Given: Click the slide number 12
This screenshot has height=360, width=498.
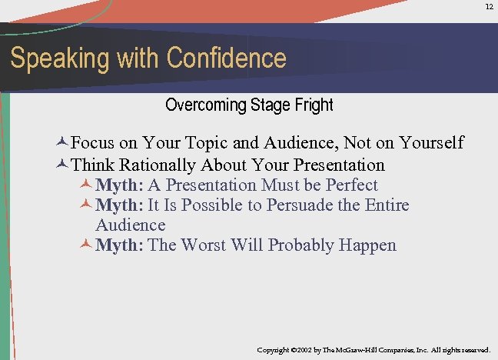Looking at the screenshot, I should coord(489,6).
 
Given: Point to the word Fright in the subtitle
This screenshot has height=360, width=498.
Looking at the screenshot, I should coord(312,104).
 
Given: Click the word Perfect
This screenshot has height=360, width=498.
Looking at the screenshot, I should coord(352,185).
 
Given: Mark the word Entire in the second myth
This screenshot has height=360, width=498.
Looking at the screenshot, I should coord(384,205).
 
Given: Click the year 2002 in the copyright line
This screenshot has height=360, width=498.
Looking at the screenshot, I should coord(306,350).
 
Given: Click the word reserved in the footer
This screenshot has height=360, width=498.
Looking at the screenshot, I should coord(472,350).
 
